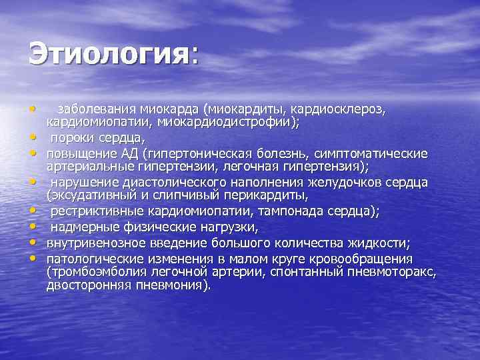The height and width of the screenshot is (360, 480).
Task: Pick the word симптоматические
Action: (x=369, y=154)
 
